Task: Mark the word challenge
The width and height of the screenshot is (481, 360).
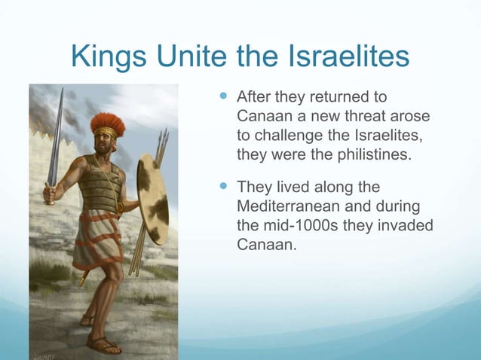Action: tap(283, 136)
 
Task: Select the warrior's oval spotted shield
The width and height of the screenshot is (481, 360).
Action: tap(152, 200)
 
